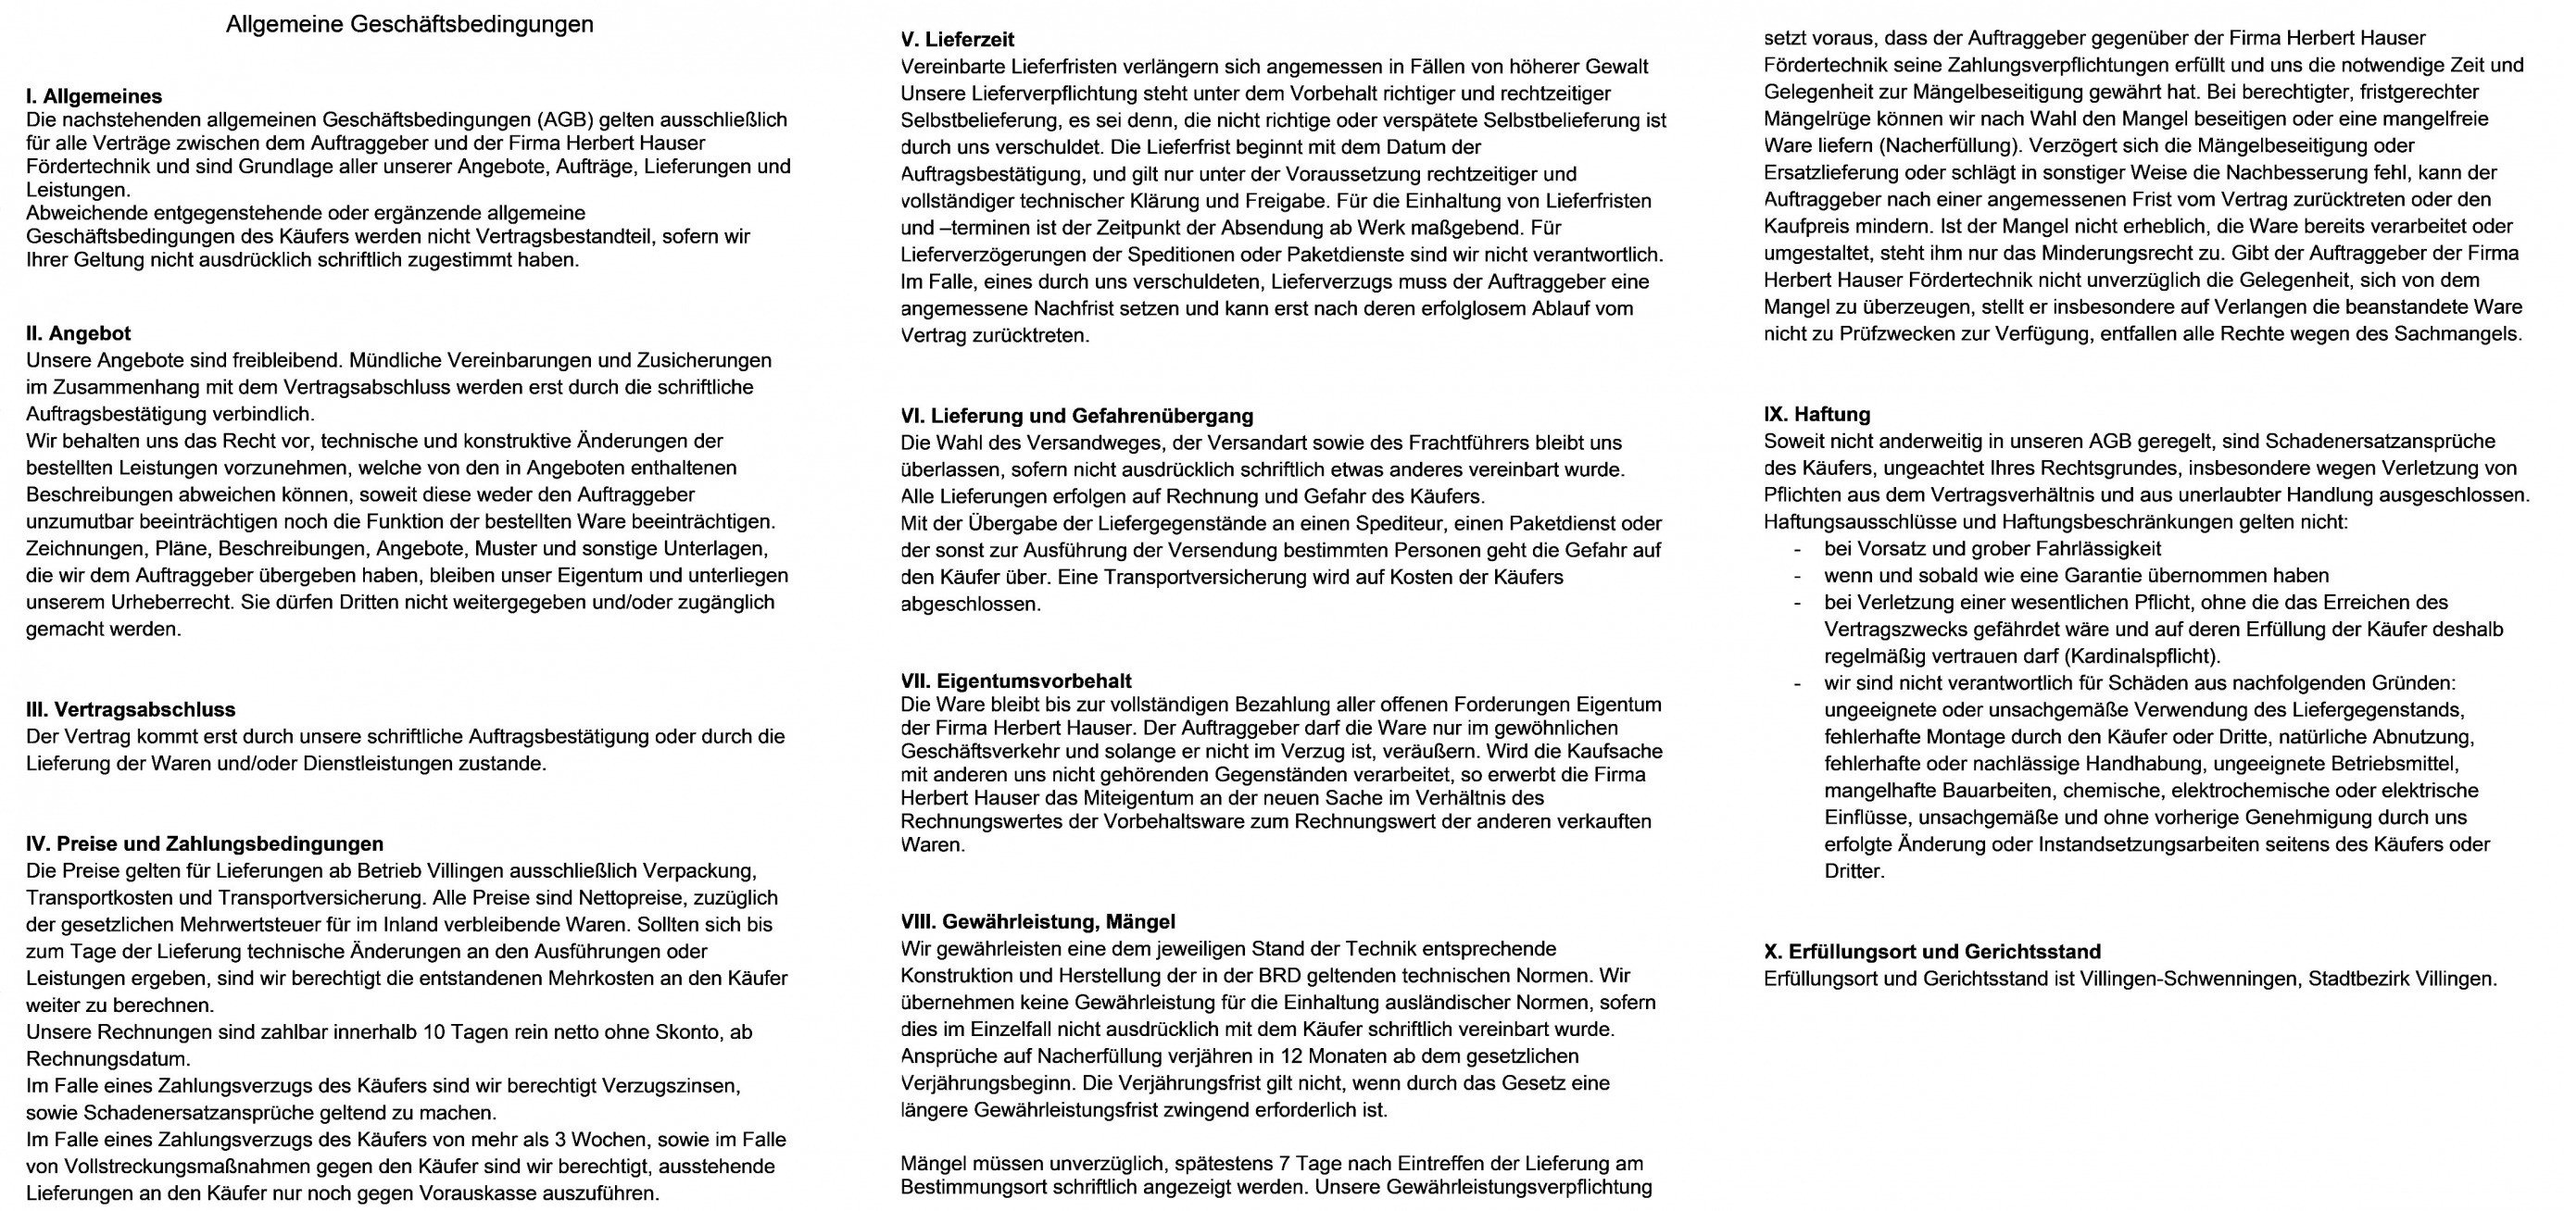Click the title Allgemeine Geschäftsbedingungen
pyautogui.click(x=409, y=25)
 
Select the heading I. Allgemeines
pyautogui.click(x=94, y=96)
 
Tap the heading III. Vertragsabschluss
pyautogui.click(x=131, y=709)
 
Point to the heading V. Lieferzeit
pyautogui.click(x=957, y=40)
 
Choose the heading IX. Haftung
pyautogui.click(x=1816, y=414)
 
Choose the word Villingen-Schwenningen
pyautogui.click(x=2188, y=979)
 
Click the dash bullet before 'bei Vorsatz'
pyautogui.click(x=1798, y=549)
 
